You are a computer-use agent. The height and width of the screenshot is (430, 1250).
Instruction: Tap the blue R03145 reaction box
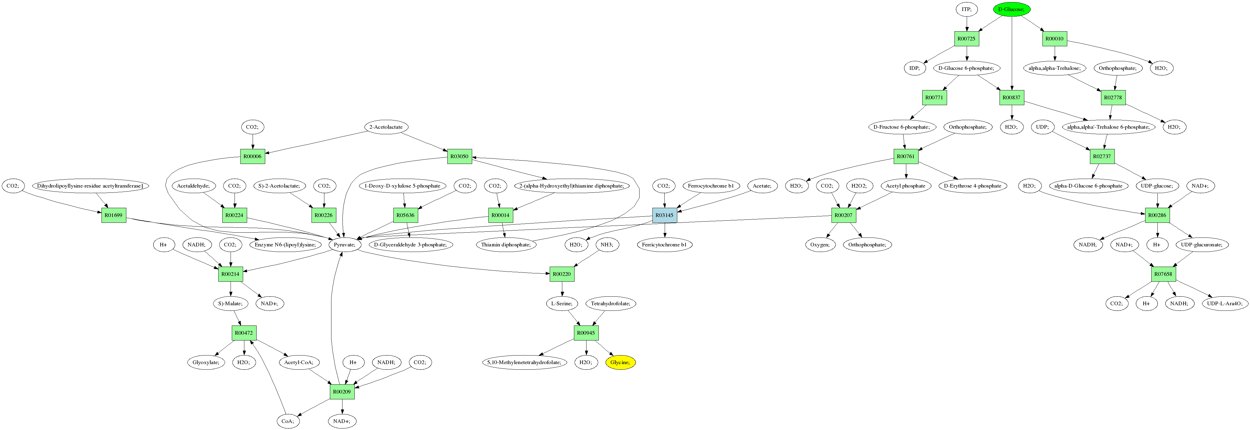[x=664, y=215]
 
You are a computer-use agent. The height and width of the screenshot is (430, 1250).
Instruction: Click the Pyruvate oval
[x=345, y=245]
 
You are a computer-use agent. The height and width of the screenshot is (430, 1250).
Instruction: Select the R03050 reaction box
[x=459, y=156]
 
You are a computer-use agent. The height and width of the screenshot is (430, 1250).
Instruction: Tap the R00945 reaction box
[x=586, y=333]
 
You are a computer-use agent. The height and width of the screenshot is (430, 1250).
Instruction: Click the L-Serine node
[x=561, y=304]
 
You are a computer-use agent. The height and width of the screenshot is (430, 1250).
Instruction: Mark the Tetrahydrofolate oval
[x=610, y=304]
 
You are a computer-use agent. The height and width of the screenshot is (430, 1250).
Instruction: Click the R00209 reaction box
[x=342, y=392]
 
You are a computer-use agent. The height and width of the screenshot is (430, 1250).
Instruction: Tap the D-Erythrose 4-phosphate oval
[x=973, y=186]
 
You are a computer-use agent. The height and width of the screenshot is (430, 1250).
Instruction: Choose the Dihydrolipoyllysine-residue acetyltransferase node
[x=90, y=186]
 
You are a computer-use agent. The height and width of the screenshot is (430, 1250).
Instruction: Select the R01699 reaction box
[x=113, y=215]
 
